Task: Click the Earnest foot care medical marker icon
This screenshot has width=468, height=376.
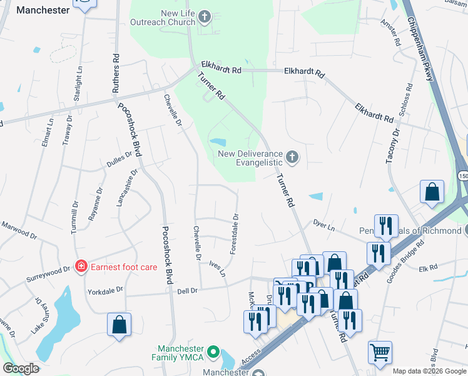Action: [x=81, y=267]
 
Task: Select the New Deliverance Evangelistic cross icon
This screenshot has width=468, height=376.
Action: [x=292, y=156]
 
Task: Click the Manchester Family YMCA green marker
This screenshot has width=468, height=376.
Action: [x=213, y=353]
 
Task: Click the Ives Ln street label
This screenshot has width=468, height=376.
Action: [x=217, y=269]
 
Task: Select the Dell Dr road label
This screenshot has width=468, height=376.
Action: [x=187, y=290]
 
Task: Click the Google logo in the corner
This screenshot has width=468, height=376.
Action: [x=21, y=368]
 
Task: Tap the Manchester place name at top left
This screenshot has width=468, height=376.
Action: [x=43, y=10]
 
